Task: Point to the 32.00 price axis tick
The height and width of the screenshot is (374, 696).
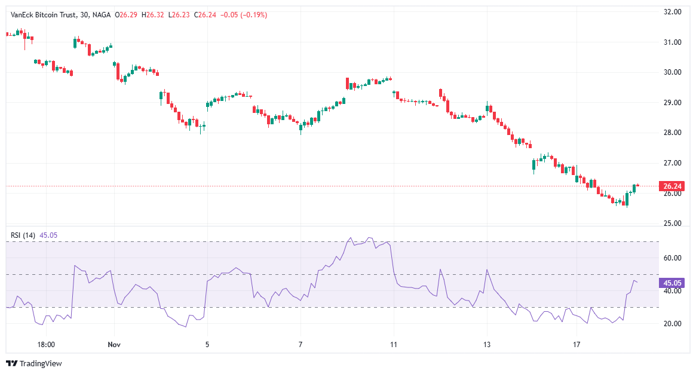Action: pos(673,12)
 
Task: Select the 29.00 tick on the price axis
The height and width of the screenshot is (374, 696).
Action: pos(673,103)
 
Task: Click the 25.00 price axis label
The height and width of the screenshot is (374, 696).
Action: pos(673,224)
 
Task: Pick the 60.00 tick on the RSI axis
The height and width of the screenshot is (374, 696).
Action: pos(673,258)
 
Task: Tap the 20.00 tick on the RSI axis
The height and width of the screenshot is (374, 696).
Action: pos(673,324)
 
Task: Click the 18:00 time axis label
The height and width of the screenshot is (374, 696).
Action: pos(46,345)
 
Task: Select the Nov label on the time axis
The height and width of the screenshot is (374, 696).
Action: pos(114,345)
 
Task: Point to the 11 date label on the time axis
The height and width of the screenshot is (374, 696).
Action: pos(394,345)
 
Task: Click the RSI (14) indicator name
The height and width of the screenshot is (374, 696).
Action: pos(23,235)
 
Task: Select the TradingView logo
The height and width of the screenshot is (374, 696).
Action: pos(34,363)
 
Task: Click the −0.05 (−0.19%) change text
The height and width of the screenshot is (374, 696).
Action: pos(244,14)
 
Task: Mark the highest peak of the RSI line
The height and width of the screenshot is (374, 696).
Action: pos(369,238)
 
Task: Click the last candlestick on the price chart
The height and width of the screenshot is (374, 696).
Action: pos(637,185)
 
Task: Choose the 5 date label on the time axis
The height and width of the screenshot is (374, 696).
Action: pos(207,345)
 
